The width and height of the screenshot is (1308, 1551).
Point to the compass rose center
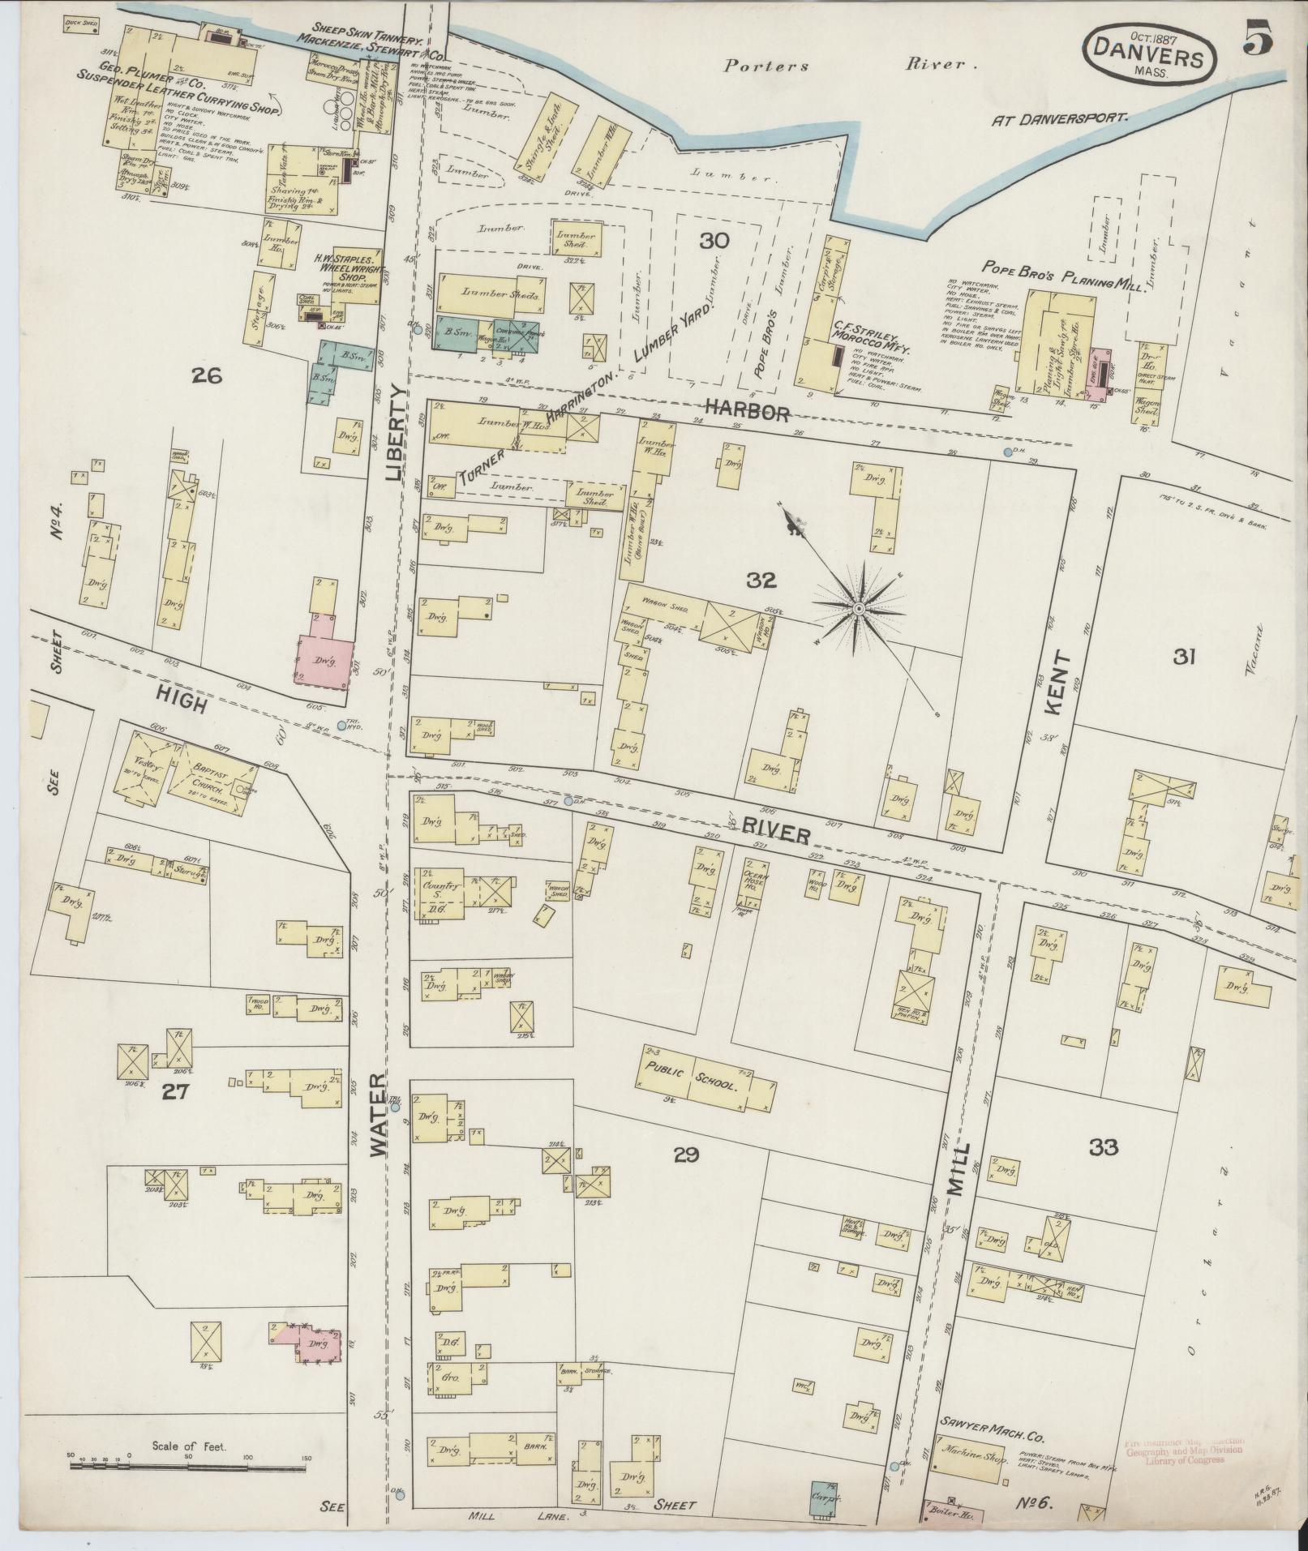coord(858,607)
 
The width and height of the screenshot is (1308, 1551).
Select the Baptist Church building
coord(212,777)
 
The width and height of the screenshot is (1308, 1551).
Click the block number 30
coord(715,240)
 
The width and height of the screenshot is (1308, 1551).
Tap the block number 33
coord(1104,1146)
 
